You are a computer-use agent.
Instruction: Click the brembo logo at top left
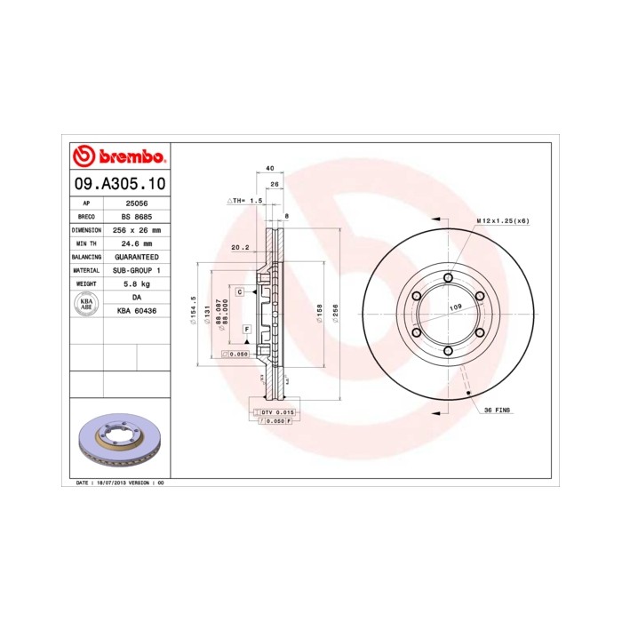click(118, 157)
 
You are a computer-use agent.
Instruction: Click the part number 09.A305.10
click(118, 184)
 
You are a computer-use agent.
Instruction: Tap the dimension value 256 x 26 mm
click(136, 229)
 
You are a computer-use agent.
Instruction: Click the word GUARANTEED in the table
click(136, 256)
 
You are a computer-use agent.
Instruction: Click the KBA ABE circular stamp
click(87, 303)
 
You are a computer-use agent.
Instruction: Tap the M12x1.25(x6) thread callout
click(502, 219)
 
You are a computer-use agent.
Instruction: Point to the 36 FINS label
click(497, 410)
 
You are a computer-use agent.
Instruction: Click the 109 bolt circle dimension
click(456, 307)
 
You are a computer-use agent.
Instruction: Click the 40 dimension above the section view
click(268, 168)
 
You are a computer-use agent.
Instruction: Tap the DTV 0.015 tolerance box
click(277, 413)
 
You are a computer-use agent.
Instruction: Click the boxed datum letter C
click(240, 291)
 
